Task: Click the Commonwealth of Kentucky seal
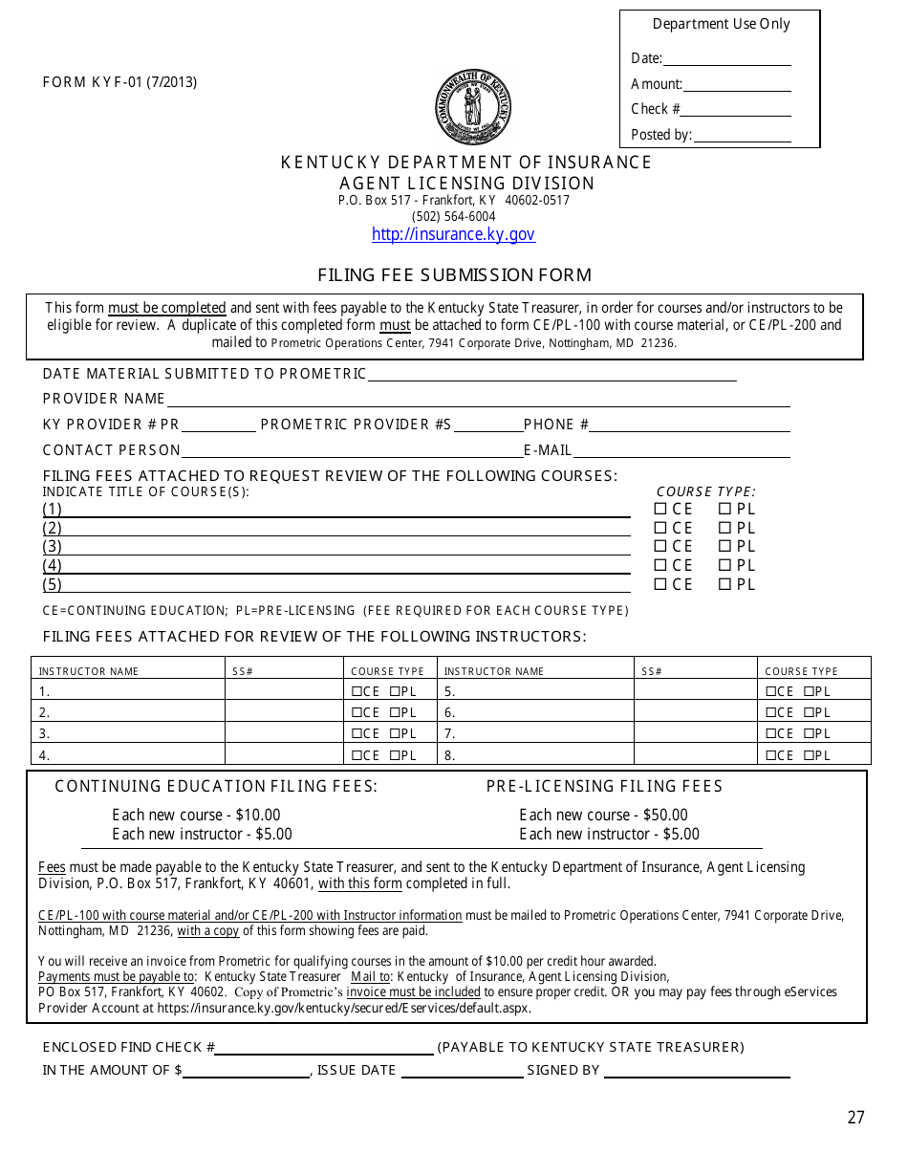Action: tap(473, 107)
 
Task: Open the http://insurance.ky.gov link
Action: tap(453, 234)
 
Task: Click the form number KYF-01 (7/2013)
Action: tap(119, 82)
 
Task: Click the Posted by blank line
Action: tap(743, 136)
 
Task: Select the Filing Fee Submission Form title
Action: tap(454, 275)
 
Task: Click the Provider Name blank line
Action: tap(478, 400)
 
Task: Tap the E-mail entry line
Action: tap(681, 451)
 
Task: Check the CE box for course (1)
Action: tap(659, 510)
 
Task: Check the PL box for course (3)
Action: tap(724, 547)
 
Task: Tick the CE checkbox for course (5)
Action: tap(659, 585)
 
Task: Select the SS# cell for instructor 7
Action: tap(696, 734)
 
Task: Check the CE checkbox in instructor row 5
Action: tap(770, 691)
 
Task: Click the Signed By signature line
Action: tap(698, 1071)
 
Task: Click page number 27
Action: tap(855, 1118)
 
